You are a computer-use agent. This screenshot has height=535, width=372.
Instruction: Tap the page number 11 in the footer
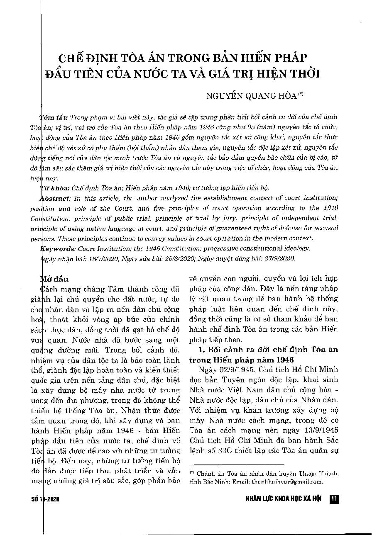334,499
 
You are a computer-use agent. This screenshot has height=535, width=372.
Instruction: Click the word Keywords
56,248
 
